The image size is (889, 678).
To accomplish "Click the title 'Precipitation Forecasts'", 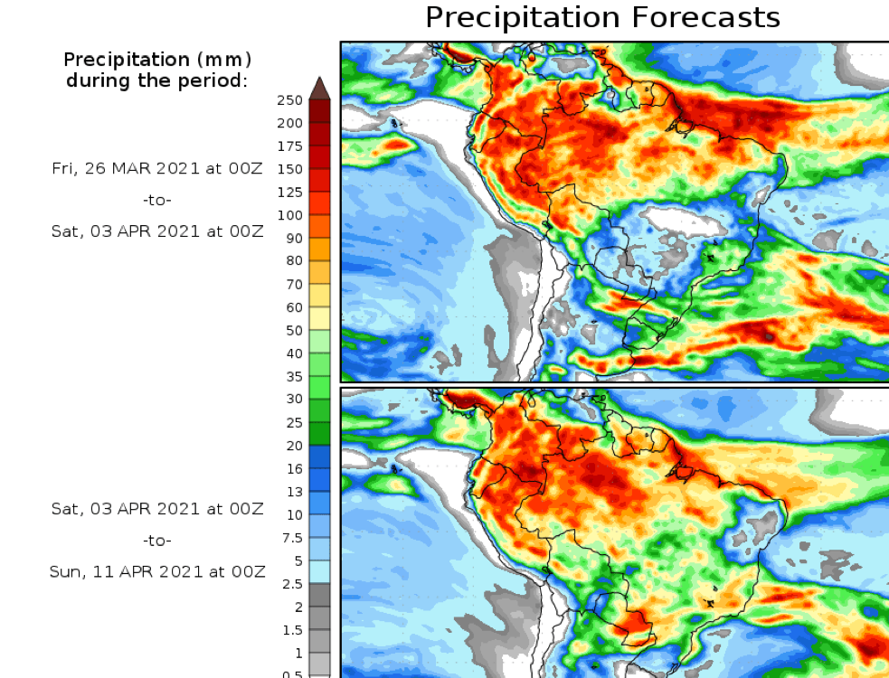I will [602, 17].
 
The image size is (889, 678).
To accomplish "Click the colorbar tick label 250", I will [290, 100].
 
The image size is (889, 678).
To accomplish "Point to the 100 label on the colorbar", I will [290, 215].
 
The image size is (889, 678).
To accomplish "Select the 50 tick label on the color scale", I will [294, 330].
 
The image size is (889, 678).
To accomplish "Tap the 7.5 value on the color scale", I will [291, 537].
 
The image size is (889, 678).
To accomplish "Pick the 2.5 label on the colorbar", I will [291, 583].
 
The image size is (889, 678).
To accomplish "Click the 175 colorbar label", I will [290, 146].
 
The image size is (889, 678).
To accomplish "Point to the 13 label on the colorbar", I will [294, 491].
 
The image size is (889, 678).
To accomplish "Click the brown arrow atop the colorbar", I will [319, 88].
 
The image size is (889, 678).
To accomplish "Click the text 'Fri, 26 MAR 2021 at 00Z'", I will [157, 169].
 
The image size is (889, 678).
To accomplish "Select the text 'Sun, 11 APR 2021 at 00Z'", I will [157, 571].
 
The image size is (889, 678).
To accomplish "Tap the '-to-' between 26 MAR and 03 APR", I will [157, 200].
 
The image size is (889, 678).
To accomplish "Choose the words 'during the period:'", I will [157, 80].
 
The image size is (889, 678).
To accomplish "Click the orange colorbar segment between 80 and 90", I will [319, 250].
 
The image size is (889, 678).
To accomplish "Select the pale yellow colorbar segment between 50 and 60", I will [319, 318].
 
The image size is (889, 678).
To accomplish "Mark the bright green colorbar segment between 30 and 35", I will [319, 388].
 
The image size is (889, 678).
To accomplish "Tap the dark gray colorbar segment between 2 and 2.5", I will [319, 595].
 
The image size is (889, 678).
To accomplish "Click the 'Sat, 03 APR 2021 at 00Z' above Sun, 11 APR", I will [157, 509].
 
